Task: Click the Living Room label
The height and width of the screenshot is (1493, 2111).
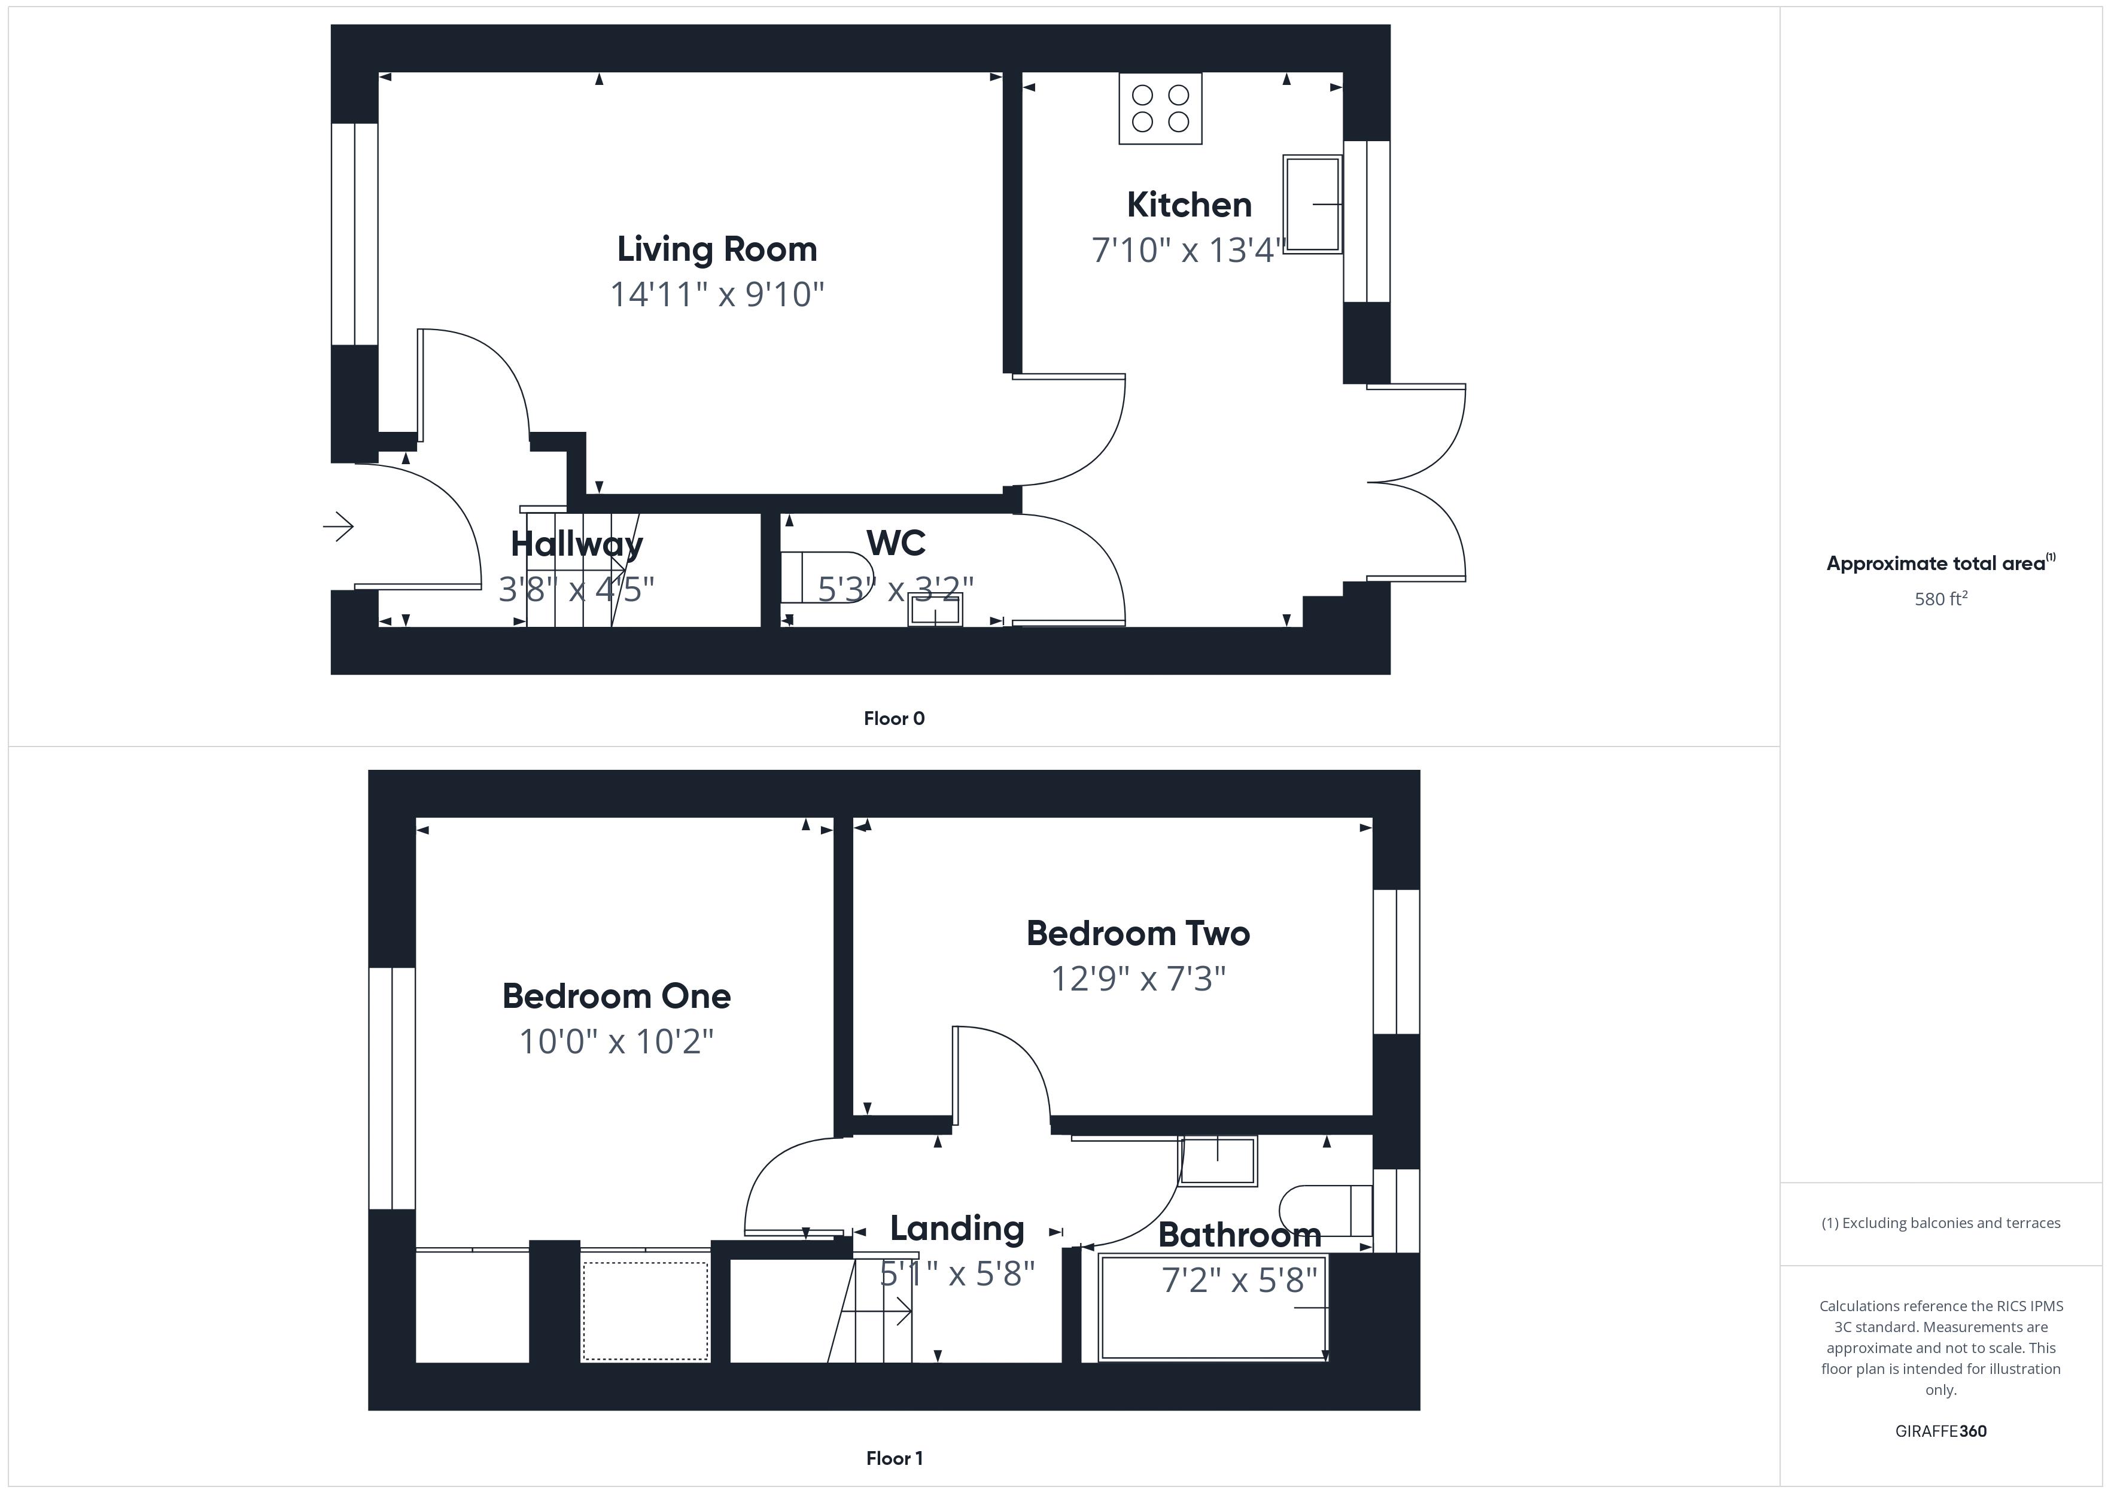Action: click(x=716, y=249)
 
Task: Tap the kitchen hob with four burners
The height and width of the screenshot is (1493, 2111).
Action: click(x=1160, y=108)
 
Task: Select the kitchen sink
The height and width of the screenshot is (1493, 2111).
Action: click(x=1312, y=204)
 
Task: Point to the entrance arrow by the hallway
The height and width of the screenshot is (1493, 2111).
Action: click(x=338, y=527)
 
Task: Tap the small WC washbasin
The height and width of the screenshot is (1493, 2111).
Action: click(x=935, y=610)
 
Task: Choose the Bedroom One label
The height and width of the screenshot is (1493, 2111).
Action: click(x=616, y=996)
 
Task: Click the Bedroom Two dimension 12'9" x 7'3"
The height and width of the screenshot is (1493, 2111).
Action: click(x=1137, y=979)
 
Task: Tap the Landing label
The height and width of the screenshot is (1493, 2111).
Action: click(x=956, y=1228)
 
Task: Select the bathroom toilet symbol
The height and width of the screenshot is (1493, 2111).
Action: click(x=1325, y=1211)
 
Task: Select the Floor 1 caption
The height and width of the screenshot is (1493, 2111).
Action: click(x=894, y=1458)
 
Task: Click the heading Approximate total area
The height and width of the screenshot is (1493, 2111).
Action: click(x=1936, y=563)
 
